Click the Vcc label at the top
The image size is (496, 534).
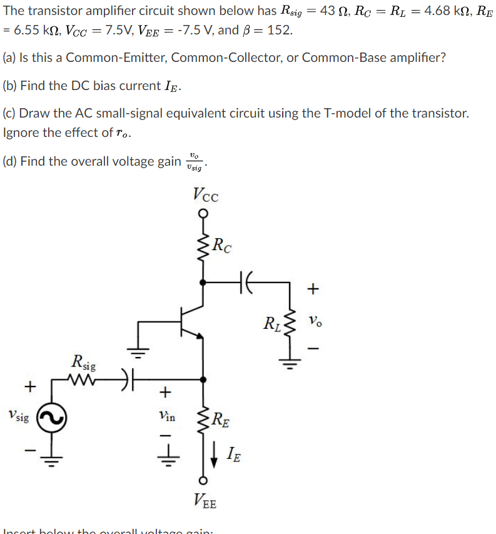pyautogui.click(x=206, y=194)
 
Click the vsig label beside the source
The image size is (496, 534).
pyautogui.click(x=18, y=415)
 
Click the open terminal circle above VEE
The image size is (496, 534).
pyautogui.click(x=202, y=480)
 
